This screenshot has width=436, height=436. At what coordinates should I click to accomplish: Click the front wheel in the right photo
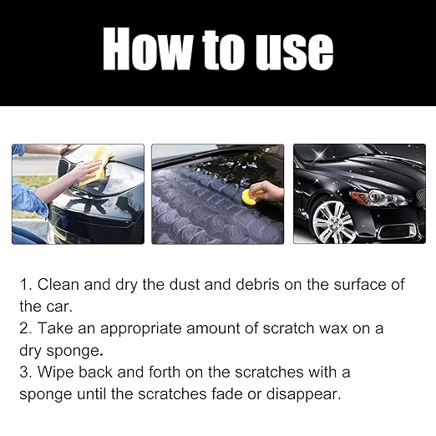pyautogui.click(x=332, y=221)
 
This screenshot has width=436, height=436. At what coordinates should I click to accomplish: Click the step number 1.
pyautogui.click(x=25, y=285)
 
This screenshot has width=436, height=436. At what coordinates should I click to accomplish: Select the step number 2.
pyautogui.click(x=25, y=328)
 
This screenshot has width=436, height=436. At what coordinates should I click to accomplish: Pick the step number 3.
pyautogui.click(x=25, y=372)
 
